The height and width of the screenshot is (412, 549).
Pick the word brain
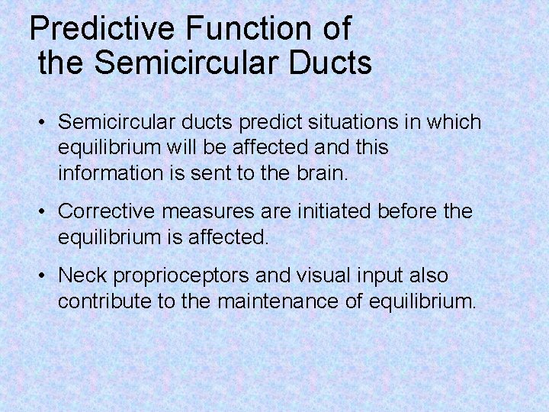pyautogui.click(x=322, y=173)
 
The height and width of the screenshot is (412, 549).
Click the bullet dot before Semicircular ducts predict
pyautogui.click(x=43, y=123)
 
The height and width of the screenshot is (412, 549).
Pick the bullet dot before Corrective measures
pyautogui.click(x=43, y=211)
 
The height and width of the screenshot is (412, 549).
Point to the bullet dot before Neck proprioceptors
pyautogui.click(x=43, y=275)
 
